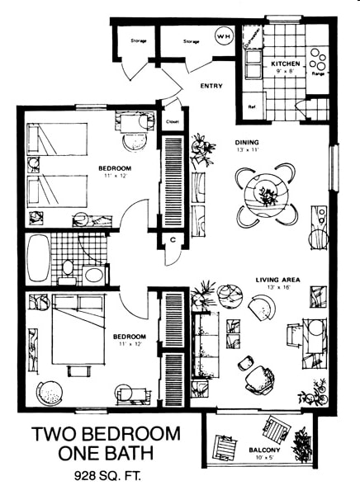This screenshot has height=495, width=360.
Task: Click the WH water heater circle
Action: tap(223, 36)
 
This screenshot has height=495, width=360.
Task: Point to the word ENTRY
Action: tap(211, 86)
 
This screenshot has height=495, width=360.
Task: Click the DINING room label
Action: tap(247, 141)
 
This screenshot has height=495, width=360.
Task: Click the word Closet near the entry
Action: tap(173, 121)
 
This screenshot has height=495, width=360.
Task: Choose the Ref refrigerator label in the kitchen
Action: tap(251, 107)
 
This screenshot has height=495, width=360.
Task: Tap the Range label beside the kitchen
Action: tap(318, 73)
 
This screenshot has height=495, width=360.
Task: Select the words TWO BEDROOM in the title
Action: tap(106, 434)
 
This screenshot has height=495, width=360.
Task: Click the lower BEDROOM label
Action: tap(129, 337)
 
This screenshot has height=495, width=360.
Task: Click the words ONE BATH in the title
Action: tap(106, 455)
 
